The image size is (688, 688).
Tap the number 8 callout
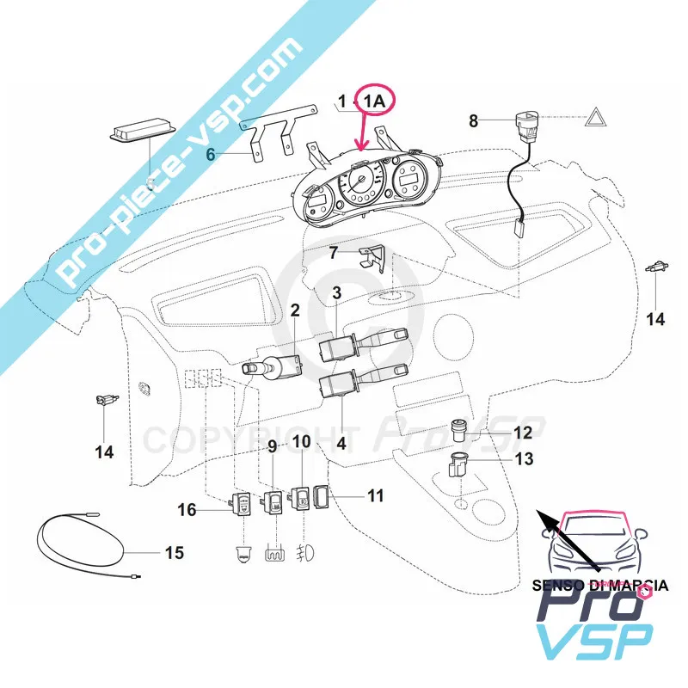tap(473, 121)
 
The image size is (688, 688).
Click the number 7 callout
tap(335, 253)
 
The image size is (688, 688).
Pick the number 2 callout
tap(294, 310)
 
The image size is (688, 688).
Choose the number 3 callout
tap(337, 293)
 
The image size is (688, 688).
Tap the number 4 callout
tap(341, 444)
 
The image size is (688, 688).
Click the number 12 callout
tap(523, 432)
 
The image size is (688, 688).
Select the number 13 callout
tap(523, 459)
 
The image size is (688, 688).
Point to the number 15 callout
tap(174, 552)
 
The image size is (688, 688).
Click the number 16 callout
tap(187, 510)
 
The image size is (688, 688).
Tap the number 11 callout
tap(375, 496)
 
